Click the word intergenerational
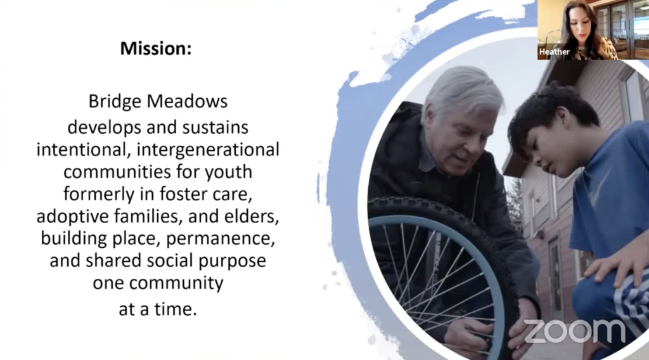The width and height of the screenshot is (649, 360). click(208, 150)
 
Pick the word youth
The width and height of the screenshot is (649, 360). click(229, 172)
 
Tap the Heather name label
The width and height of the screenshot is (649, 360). click(554, 52)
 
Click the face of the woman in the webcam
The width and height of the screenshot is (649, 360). click(581, 25)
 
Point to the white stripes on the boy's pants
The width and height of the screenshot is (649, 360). click(634, 304)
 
